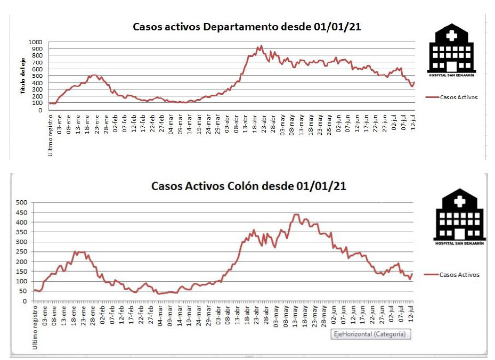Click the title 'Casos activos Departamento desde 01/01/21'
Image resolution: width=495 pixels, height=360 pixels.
(x=247, y=27)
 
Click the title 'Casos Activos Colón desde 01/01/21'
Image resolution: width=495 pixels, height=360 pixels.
(x=249, y=186)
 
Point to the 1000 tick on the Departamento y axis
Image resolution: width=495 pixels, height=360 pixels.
(x=35, y=42)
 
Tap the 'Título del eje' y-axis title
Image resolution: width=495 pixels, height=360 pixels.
(x=23, y=77)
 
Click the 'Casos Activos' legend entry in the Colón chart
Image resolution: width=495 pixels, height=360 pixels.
(x=459, y=275)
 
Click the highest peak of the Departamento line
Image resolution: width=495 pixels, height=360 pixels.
(x=261, y=46)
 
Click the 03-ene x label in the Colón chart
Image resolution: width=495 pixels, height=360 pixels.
(x=45, y=315)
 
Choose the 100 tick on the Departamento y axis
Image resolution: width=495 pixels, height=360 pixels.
(x=37, y=103)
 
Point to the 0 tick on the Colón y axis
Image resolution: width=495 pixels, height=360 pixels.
(x=25, y=301)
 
